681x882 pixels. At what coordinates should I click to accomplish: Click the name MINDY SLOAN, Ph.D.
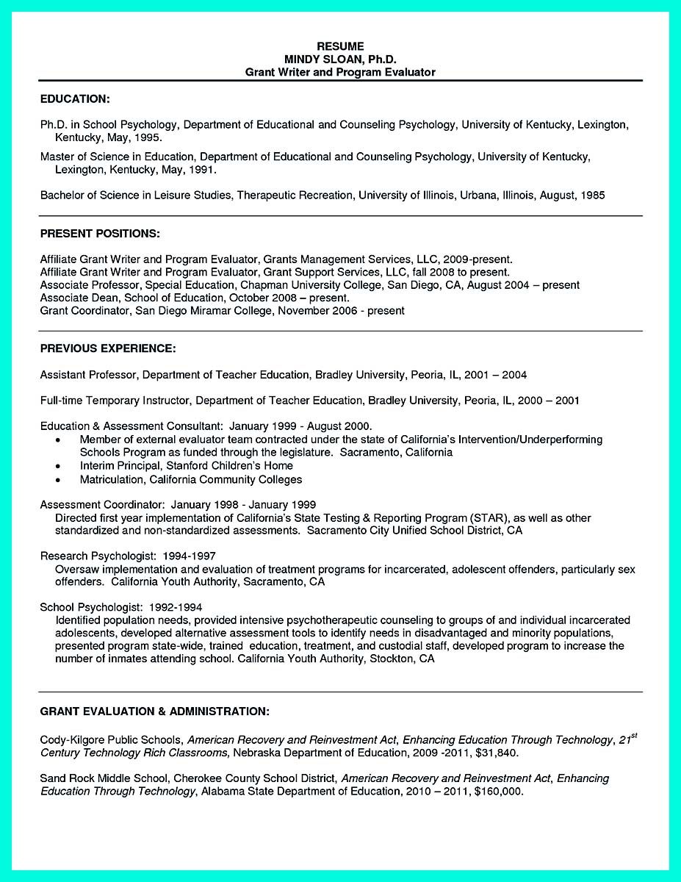tap(340, 59)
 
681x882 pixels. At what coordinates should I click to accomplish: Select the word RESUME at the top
tap(340, 46)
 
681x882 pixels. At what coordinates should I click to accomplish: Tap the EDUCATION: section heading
tap(75, 98)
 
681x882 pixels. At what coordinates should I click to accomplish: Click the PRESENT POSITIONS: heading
tap(100, 234)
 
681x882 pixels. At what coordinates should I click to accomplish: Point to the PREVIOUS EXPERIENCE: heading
tap(108, 348)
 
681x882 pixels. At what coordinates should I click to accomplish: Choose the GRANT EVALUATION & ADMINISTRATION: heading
tap(154, 711)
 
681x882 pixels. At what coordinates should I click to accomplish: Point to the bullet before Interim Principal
tap(58, 466)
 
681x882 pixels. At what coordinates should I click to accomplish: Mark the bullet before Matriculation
tap(58, 480)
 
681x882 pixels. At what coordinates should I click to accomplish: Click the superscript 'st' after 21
tap(633, 736)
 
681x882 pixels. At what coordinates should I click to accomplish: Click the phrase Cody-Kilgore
tap(73, 740)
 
